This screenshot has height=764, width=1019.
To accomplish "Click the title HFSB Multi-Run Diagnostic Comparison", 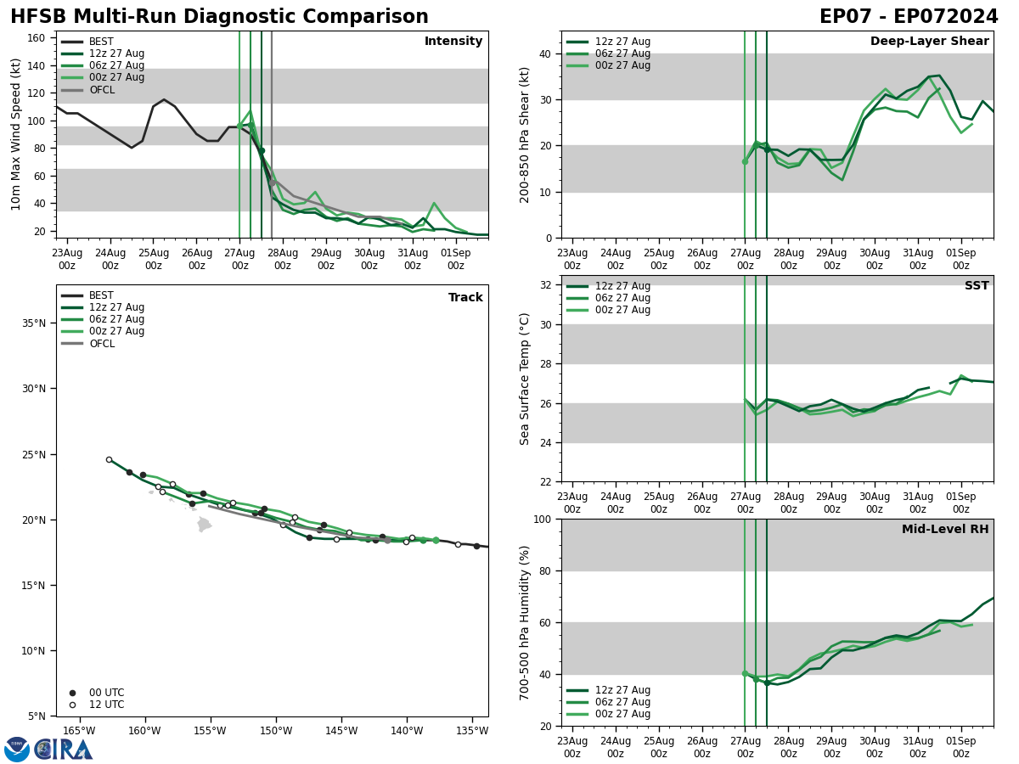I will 219,17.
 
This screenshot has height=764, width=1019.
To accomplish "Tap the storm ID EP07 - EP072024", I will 909,17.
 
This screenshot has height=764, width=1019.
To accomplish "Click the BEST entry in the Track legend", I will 101,296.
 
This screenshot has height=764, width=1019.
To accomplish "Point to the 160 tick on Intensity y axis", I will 37,38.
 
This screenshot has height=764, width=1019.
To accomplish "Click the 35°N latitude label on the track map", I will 30,323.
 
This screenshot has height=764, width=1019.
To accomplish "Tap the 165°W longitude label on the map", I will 78,731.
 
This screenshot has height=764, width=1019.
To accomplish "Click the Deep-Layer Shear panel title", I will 929,42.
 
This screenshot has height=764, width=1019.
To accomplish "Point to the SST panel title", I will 976,286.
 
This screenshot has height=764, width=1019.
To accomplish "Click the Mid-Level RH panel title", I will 945,530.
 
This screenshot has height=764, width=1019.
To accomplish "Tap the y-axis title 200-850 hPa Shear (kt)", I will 526,135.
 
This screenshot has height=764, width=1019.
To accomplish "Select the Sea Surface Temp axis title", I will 526,379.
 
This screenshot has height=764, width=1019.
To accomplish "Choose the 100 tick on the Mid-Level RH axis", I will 540,520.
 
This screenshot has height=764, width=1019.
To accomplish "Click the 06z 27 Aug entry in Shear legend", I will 622,53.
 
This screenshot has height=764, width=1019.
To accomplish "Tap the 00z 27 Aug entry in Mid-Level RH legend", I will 622,714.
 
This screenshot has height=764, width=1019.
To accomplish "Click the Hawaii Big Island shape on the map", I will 204,525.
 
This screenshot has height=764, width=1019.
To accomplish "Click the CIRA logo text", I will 65,749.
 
